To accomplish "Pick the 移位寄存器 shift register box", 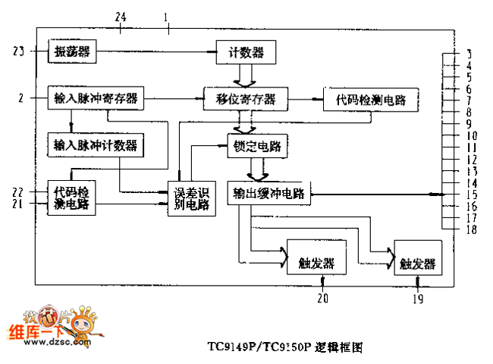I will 246,99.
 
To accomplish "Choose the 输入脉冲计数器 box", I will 96,144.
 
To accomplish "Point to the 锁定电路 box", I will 257,146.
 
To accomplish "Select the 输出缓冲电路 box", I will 269,193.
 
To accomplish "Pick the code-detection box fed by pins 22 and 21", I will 72,198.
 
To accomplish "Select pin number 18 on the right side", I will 472,229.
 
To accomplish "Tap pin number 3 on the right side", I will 469,54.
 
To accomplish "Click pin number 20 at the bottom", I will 323,299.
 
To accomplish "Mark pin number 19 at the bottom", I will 418,299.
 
